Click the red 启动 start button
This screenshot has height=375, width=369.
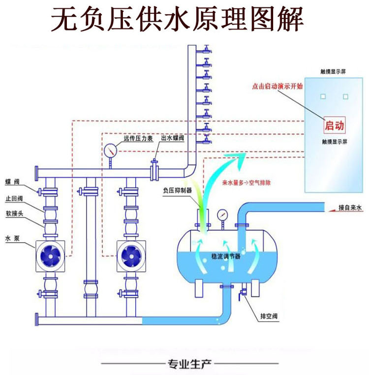(334, 125)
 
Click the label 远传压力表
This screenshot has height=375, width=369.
(138, 139)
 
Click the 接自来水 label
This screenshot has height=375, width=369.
(350, 209)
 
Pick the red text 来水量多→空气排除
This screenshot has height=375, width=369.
(246, 182)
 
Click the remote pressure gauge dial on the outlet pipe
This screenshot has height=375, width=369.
(110, 150)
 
